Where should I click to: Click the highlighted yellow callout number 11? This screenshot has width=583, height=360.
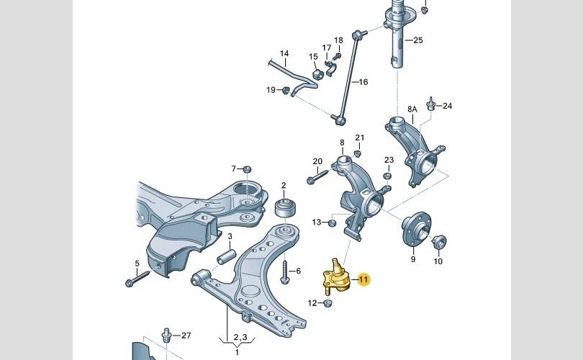coord(363,279)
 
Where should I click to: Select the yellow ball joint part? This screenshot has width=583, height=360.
coord(335,279)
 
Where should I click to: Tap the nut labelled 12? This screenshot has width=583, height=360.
coord(327,303)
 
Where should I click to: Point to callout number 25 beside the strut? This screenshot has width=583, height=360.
coord(418,40)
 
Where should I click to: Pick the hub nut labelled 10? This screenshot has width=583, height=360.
coord(439,242)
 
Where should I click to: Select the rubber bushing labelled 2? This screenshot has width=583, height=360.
coord(285,209)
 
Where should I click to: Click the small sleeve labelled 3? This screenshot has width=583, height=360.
coord(227,256)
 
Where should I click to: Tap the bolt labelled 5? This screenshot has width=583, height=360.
coord(137,278)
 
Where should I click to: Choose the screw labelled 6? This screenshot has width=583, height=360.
coord(285,272)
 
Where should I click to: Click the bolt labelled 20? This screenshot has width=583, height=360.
coord(317,176)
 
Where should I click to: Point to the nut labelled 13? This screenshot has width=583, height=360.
coord(333,222)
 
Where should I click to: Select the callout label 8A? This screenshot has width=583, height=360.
coord(412,109)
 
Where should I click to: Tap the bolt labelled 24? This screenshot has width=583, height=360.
coord(431,104)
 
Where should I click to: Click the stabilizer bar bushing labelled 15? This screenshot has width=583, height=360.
coord(317,73)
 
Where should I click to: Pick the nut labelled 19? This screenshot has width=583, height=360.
coord(286,90)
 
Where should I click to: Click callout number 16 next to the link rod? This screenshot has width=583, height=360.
coord(363,82)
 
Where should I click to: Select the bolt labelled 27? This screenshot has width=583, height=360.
coord(166,335)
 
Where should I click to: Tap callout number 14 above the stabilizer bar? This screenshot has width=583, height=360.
coord(284,53)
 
